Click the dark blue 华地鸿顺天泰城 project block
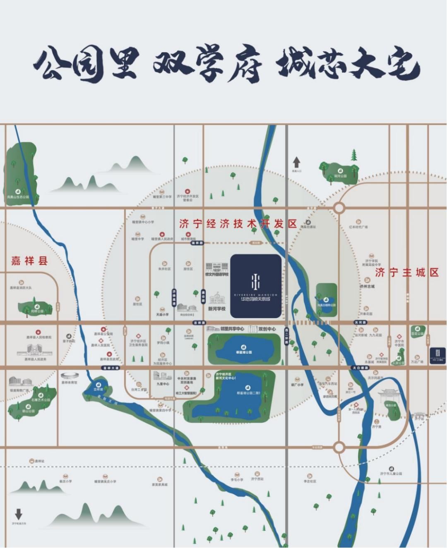pyautogui.click(x=255, y=286)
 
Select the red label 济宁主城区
pyautogui.click(x=407, y=273)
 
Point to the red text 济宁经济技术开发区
pyautogui.click(x=238, y=224)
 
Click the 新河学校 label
pyautogui.click(x=216, y=309)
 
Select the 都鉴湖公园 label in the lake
pyautogui.click(x=244, y=352)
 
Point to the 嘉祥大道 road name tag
pyautogui.click(x=111, y=368)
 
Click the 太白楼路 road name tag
pyautogui.click(x=360, y=368)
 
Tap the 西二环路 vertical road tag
pyautogui.click(x=286, y=337)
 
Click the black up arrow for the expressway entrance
pyautogui.click(x=296, y=162)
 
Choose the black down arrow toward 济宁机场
pyautogui.click(x=19, y=514)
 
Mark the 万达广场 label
pyautogui.click(x=417, y=362)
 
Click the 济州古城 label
pyautogui.click(x=367, y=286)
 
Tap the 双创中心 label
pyautogui.click(x=267, y=329)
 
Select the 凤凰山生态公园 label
pyautogui.click(x=18, y=197)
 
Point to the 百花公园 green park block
pyautogui.click(x=417, y=332)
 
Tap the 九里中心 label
pyautogui.click(x=163, y=384)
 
